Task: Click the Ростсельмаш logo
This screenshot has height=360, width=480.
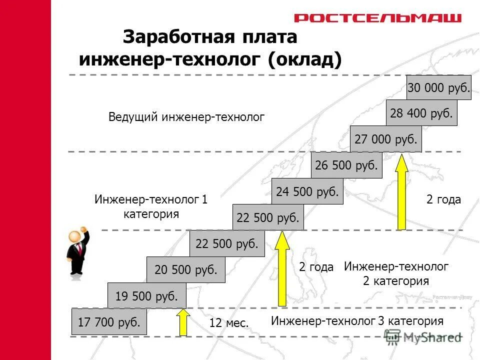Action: (x=377, y=18)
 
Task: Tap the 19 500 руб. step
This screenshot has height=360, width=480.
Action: (x=146, y=295)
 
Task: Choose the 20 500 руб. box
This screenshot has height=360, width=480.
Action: (x=186, y=270)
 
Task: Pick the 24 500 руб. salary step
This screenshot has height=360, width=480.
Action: (x=307, y=191)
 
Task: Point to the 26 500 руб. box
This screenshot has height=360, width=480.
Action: (x=346, y=165)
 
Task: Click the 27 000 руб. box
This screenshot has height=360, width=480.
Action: (x=386, y=139)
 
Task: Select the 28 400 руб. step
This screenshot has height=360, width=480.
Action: (x=421, y=113)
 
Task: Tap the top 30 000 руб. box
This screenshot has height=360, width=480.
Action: (x=438, y=87)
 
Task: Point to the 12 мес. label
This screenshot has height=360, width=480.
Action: (x=229, y=323)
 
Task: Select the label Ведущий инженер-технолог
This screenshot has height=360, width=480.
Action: (x=186, y=117)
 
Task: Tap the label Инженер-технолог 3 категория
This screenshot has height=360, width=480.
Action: (x=357, y=320)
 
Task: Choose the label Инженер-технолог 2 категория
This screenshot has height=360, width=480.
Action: (x=396, y=273)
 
